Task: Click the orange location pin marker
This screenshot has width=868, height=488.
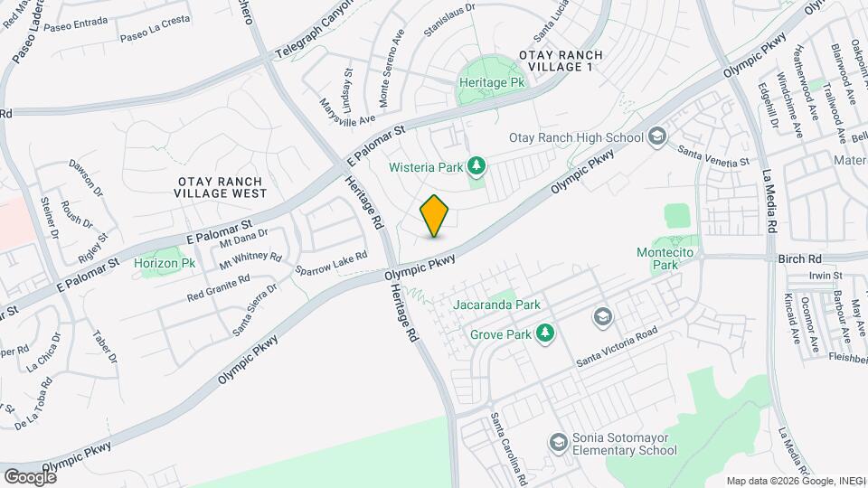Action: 435,216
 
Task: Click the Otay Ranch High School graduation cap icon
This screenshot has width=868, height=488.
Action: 657,136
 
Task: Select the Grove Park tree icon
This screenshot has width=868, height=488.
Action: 544,334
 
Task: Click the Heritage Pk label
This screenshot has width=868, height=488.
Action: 493,81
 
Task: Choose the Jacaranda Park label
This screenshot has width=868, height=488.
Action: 497,305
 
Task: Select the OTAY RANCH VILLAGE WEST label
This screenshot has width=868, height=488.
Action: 222,186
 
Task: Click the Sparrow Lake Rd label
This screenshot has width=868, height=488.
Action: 331,263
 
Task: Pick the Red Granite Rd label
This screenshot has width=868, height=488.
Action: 218,289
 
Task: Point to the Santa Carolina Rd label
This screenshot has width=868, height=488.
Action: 508,446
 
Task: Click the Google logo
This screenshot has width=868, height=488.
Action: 30,476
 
